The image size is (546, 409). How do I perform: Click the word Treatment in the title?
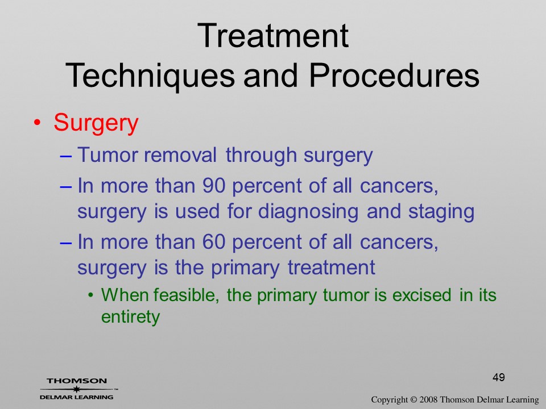click(272, 35)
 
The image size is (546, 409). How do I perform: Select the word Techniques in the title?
click(150, 76)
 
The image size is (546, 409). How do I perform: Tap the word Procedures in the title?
click(394, 75)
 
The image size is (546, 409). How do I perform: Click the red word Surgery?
click(96, 123)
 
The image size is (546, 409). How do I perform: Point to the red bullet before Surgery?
click(38, 123)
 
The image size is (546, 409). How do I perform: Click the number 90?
click(213, 185)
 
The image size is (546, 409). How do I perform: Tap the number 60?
click(213, 242)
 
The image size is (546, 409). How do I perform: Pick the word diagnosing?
click(308, 212)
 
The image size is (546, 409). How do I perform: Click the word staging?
click(441, 212)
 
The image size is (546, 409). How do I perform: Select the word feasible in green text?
click(187, 295)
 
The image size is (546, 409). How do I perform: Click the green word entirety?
click(131, 317)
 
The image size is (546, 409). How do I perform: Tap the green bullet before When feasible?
click(91, 295)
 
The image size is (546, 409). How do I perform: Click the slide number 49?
click(499, 377)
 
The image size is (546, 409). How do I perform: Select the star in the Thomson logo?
click(76, 389)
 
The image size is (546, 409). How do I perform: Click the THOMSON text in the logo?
click(77, 381)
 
